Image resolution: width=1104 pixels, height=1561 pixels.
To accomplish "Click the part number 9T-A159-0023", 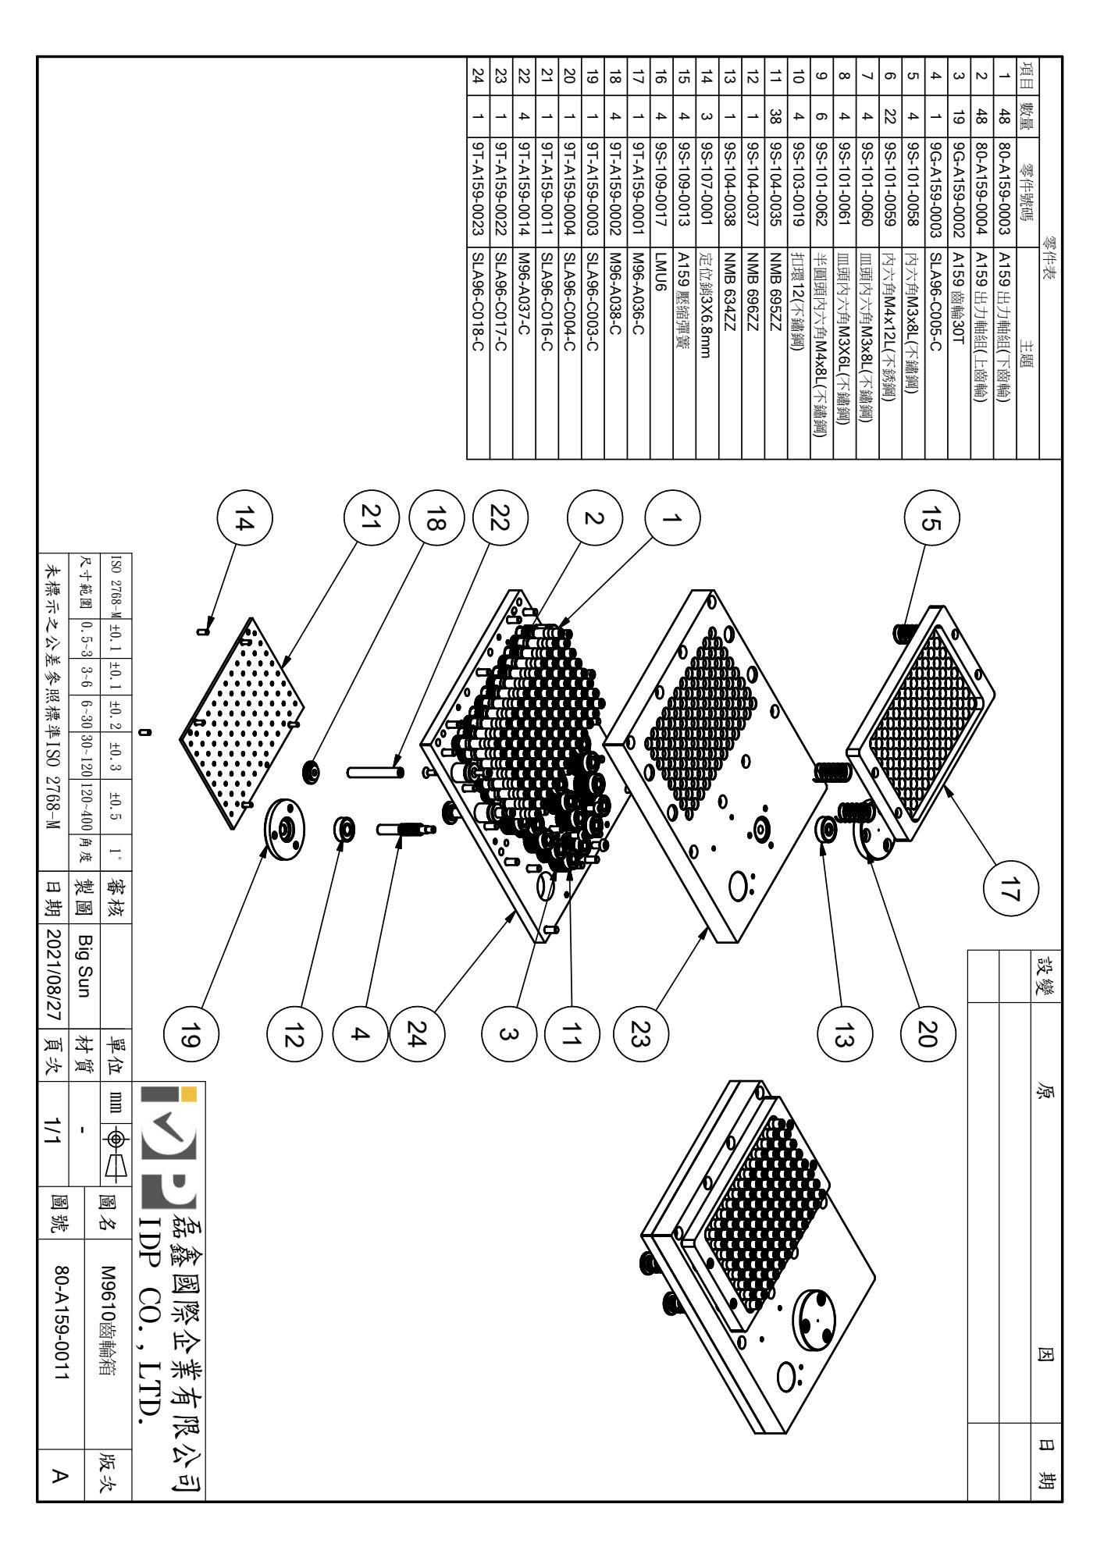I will [x=477, y=179].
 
